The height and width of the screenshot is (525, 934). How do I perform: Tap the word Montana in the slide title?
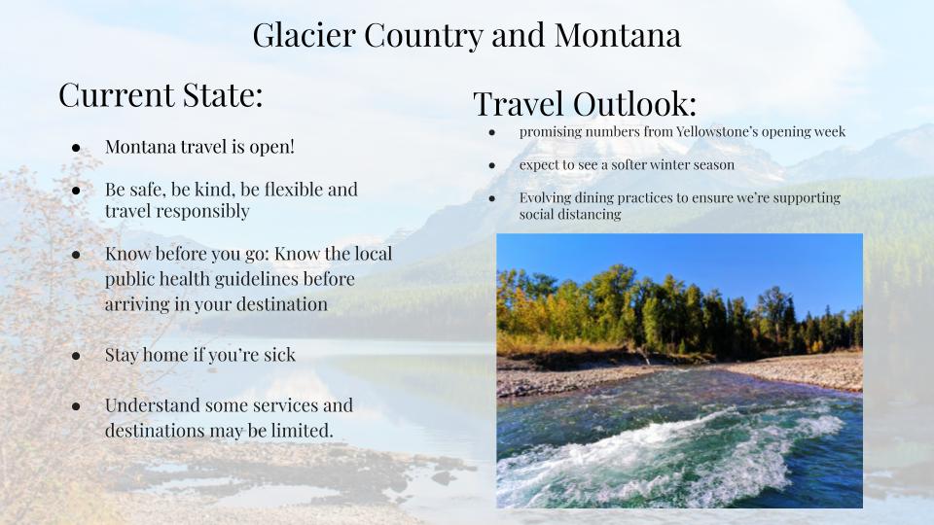coord(618,35)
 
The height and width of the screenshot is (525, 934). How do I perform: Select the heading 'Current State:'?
coord(161,94)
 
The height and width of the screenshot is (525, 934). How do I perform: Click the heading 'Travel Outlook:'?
coord(585,104)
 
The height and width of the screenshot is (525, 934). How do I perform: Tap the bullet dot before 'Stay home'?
coord(76,356)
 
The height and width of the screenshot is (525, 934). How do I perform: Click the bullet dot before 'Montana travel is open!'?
coord(76,148)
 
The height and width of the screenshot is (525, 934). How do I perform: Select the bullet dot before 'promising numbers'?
coord(492,132)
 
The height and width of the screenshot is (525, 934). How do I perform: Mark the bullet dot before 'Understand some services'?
coord(76,406)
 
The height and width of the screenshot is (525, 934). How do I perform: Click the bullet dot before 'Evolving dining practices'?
coord(492,198)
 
